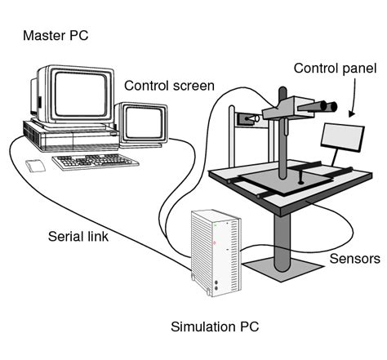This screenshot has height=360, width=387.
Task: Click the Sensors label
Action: point(354,260)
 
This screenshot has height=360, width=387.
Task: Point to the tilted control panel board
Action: point(340,140)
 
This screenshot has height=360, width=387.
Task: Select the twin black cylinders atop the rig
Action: point(321,105)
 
